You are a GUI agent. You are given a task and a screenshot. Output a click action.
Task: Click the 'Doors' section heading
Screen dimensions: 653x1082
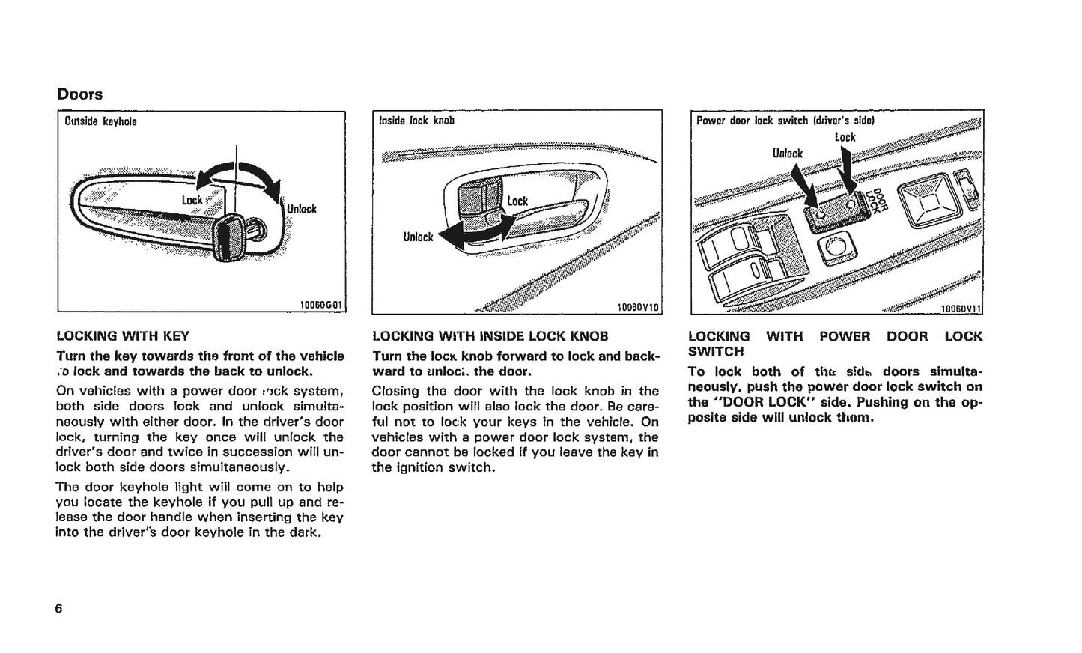(79, 94)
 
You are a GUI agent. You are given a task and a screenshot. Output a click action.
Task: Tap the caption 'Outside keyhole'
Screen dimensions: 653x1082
(100, 121)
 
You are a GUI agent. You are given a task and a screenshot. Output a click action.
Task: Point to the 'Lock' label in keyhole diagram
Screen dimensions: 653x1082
(192, 200)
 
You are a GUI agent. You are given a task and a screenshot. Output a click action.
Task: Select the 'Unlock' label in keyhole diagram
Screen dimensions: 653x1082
(302, 209)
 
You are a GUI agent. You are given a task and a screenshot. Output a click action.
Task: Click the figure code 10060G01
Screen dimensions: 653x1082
(320, 305)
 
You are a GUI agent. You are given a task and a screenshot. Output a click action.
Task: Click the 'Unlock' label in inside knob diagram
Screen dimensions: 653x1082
(418, 237)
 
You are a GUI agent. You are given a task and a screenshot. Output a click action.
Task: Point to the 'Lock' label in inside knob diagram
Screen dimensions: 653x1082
(517, 201)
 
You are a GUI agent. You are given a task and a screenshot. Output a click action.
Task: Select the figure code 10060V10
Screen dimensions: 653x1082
(638, 306)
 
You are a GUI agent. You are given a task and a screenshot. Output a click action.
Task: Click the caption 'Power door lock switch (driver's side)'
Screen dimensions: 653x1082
(785, 120)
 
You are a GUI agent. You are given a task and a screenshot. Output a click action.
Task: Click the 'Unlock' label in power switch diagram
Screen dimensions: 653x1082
(787, 154)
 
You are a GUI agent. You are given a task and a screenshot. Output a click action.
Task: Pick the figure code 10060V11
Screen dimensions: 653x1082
(961, 307)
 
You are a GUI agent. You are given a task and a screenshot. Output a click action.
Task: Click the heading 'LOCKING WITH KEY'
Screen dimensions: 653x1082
(123, 336)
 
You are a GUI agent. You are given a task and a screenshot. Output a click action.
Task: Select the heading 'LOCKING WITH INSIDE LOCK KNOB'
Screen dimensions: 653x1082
(490, 336)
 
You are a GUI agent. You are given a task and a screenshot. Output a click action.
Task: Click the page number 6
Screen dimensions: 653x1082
(58, 608)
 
